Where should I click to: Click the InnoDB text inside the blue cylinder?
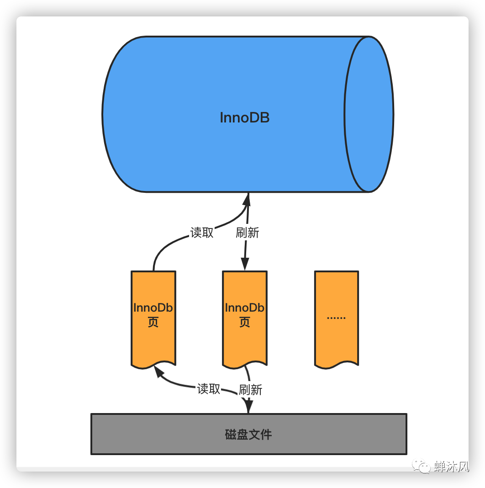coord(245,117)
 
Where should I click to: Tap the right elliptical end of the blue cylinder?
coord(369,114)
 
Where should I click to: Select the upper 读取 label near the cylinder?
coord(202,233)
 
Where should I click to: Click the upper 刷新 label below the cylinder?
coord(248,233)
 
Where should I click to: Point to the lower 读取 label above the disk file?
coord(209,389)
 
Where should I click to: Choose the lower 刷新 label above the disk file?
coord(251,390)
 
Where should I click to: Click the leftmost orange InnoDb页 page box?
coord(153,315)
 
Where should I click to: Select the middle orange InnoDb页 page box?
coord(245,315)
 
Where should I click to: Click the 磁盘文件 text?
coord(248,434)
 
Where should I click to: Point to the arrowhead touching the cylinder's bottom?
coord(248,199)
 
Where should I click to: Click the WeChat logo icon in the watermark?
coord(421,467)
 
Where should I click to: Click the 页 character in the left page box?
coord(153,323)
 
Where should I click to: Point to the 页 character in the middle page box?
coord(245,323)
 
